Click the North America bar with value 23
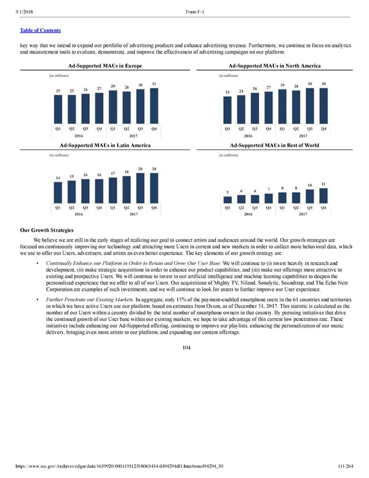click(227, 109)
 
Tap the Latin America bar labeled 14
click(58, 192)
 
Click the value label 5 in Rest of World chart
click(228, 192)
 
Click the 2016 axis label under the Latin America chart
click(79, 214)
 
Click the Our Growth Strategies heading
click(47, 230)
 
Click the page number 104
click(186, 347)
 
